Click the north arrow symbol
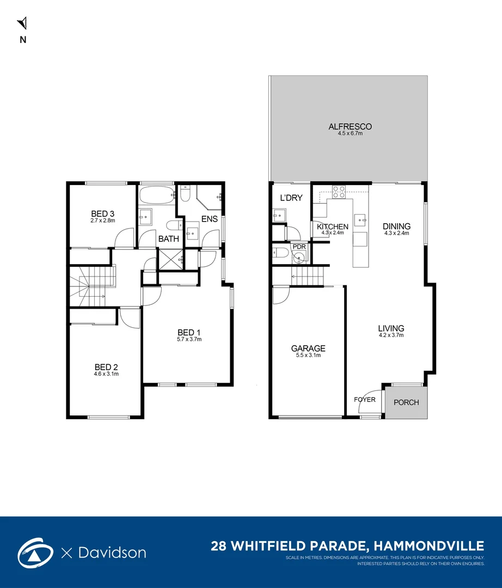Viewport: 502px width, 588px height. coord(22,23)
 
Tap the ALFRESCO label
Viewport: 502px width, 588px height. coord(350,126)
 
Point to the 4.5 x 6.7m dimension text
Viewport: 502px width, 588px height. coord(350,133)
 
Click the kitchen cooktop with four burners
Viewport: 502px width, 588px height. coord(339,192)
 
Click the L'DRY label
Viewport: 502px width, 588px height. coord(291,198)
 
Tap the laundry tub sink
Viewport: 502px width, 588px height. coord(278,216)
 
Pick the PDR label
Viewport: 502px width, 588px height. coord(299,247)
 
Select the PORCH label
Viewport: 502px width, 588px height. coord(406,402)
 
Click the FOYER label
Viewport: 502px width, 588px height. coord(365,399)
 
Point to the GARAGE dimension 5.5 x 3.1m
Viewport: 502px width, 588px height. coord(308,356)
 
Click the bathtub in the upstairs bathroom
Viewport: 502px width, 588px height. coord(157,194)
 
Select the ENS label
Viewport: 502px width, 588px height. coord(210,219)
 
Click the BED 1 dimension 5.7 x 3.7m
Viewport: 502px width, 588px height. coord(189,339)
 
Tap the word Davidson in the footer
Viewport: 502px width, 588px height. coord(111,553)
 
